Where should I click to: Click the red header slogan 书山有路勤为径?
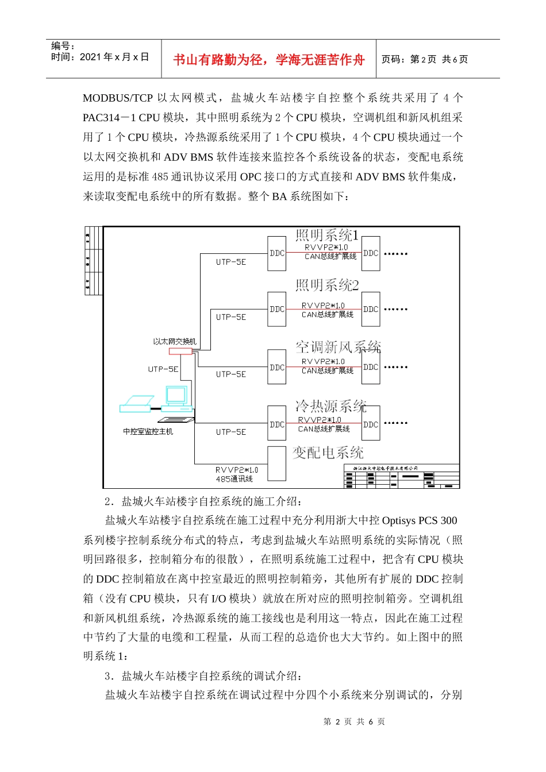pyautogui.click(x=268, y=60)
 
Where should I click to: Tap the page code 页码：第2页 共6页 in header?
pyautogui.click(x=425, y=59)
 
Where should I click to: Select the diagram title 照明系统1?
pyautogui.click(x=327, y=235)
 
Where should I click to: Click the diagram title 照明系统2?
pyautogui.click(x=327, y=285)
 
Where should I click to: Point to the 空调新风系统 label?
pyautogui.click(x=338, y=347)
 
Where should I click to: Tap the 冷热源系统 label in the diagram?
pyautogui.click(x=330, y=406)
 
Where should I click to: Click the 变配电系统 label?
pyautogui.click(x=328, y=453)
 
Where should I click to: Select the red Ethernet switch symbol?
pyautogui.click(x=180, y=351)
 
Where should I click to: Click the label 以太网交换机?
pyautogui.click(x=175, y=341)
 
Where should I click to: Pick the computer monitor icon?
pyautogui.click(x=176, y=395)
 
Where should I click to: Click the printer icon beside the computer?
pyautogui.click(x=137, y=404)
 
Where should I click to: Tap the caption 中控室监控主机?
pyautogui.click(x=148, y=431)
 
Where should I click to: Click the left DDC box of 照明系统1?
pyautogui.click(x=277, y=253)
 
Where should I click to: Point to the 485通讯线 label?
pyautogui.click(x=234, y=478)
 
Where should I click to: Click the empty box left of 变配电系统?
pyautogui.click(x=277, y=463)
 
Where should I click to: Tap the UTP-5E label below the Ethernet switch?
pyautogui.click(x=163, y=369)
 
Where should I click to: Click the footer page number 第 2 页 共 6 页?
pyautogui.click(x=354, y=721)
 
